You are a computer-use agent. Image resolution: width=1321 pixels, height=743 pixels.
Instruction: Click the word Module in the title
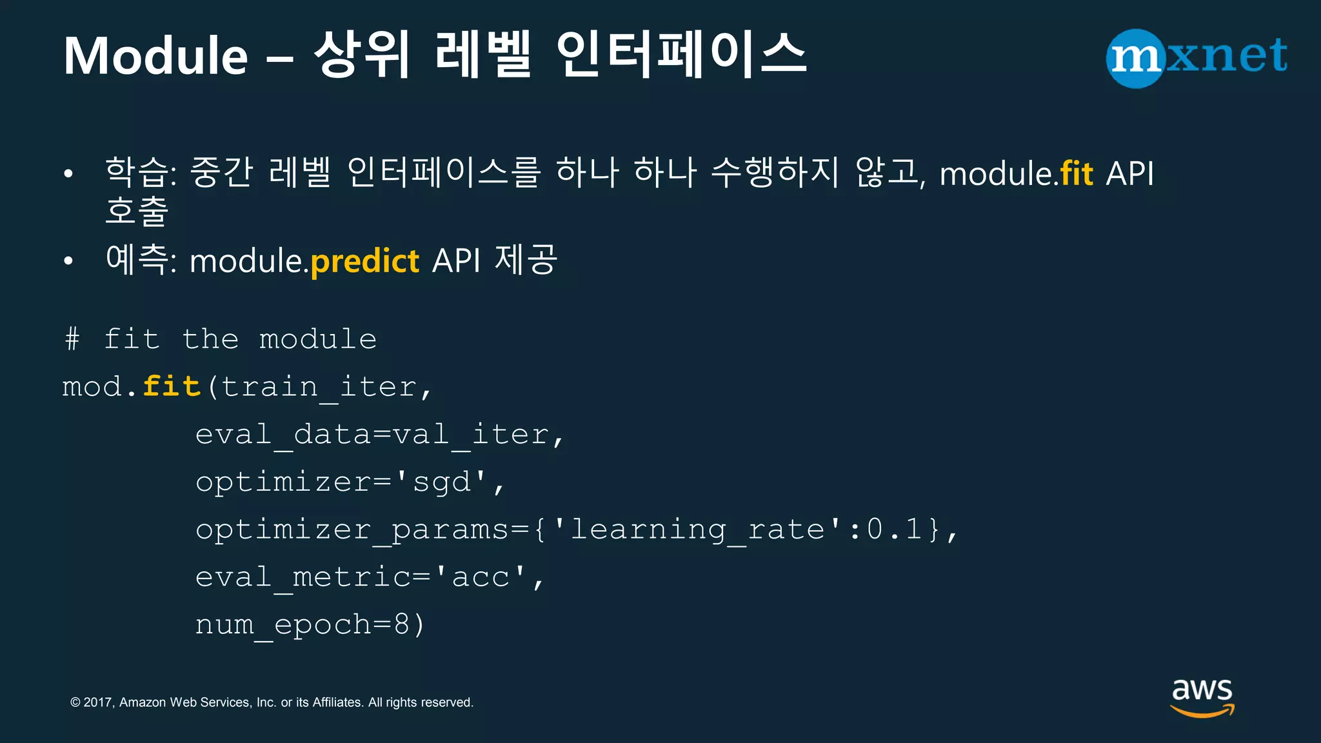tap(155, 57)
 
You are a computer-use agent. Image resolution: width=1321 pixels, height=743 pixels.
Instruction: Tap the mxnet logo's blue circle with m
tap(1135, 58)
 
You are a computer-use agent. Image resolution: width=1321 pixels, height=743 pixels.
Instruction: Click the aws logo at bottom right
tap(1202, 697)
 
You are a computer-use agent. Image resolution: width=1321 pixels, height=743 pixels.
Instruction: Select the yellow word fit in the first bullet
tap(1077, 174)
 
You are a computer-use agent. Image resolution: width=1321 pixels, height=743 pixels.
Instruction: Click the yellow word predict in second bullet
tap(365, 262)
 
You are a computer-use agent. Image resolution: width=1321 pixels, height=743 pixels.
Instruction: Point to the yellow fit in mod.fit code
tap(172, 387)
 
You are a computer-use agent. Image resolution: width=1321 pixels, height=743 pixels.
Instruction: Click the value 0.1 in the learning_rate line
tap(894, 530)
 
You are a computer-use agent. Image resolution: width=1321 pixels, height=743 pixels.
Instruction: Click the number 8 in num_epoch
tap(401, 624)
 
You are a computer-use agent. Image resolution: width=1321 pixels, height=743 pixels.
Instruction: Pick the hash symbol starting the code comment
tap(72, 339)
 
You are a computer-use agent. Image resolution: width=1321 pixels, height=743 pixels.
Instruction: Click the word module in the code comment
tap(317, 339)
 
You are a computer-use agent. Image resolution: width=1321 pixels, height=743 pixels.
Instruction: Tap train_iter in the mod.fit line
tap(319, 387)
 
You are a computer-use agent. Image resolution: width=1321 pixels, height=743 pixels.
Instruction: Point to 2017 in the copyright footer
tap(98, 702)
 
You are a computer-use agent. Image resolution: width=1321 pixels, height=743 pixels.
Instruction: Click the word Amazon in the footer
tap(143, 702)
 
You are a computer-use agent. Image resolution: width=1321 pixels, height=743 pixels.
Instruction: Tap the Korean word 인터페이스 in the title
tap(680, 55)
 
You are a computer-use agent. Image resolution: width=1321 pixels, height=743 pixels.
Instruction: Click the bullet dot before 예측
tap(68, 261)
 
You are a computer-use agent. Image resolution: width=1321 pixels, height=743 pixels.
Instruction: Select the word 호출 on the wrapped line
tap(137, 210)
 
